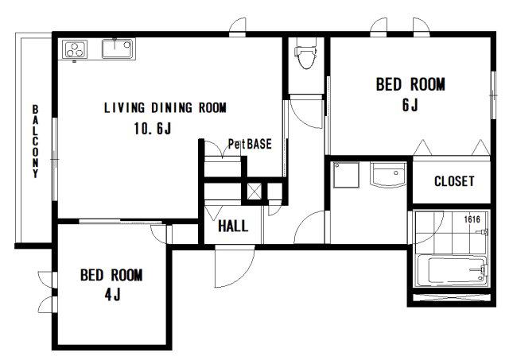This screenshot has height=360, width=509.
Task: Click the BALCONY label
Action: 35,141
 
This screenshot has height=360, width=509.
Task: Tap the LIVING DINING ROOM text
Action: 165,107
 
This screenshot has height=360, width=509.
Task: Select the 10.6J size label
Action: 153,129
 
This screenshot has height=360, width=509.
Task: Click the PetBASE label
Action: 250,144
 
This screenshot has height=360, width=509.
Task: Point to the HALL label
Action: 233,226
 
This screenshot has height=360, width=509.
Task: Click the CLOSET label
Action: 454,181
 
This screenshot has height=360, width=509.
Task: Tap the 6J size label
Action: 410,105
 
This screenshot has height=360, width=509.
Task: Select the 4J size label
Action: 112,295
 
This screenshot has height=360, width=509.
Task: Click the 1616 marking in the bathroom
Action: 472,219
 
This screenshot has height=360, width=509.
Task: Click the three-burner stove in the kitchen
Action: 75,49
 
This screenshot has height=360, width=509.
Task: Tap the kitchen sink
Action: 117,48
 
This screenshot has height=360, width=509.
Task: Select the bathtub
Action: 452,270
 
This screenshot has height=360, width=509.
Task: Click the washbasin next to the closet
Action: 388,175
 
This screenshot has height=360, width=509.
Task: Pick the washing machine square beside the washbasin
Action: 346,175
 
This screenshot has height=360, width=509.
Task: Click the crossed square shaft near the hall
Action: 254,191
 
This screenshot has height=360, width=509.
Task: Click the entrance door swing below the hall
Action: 235,266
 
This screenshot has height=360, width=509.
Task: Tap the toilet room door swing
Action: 306,112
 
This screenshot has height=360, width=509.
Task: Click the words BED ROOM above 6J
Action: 410,84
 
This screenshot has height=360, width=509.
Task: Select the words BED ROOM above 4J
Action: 111,275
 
